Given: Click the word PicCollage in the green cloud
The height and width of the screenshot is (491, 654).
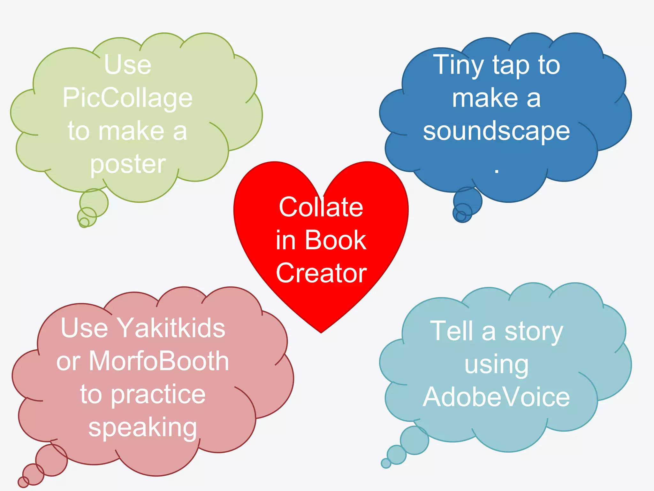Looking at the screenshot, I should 127,98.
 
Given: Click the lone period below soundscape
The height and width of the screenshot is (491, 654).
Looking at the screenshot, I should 496,171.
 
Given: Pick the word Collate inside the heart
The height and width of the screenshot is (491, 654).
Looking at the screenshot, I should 321,207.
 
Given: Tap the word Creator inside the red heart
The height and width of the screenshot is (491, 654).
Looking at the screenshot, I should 321,273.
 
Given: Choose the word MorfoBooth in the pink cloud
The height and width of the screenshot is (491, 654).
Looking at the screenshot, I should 159,361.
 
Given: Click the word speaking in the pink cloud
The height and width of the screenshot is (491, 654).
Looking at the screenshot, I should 142,428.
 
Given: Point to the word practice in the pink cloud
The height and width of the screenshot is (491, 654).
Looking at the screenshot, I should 158,394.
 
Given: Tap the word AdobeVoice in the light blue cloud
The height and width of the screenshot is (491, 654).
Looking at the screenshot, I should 496,397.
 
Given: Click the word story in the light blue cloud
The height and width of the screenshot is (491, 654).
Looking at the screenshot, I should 534,332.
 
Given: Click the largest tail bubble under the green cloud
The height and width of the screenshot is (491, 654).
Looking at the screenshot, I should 94,203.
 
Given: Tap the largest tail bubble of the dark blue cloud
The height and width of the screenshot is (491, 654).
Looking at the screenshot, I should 468,201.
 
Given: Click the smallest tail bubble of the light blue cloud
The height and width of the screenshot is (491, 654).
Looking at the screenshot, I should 386,463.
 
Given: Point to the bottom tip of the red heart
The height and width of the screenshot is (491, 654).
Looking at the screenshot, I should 321,332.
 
